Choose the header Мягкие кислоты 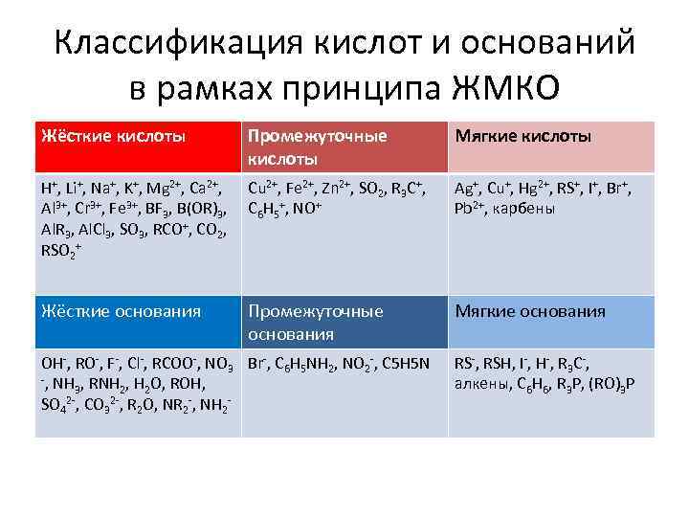pos(523,136)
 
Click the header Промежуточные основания pos(317,321)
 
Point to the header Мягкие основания pos(529,311)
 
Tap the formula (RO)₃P pos(614,385)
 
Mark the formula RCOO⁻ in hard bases pos(172,365)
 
